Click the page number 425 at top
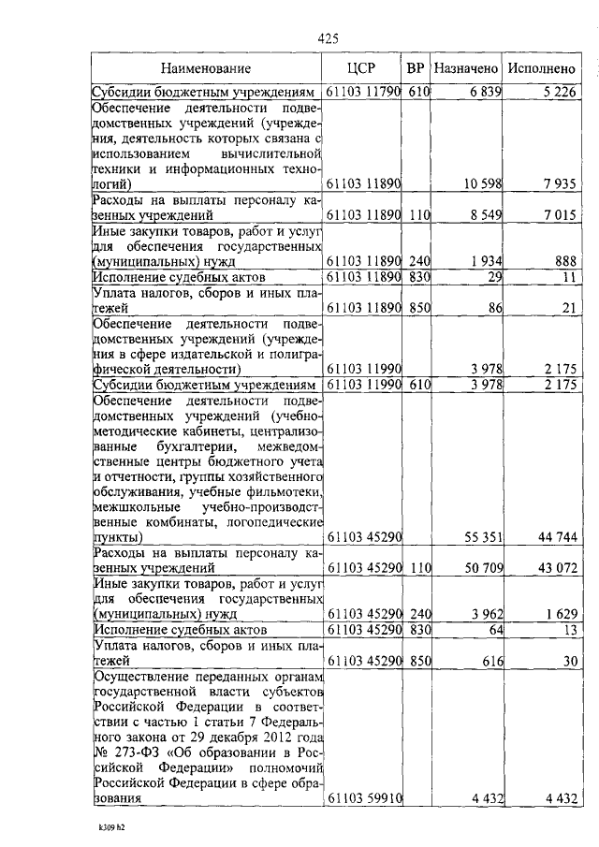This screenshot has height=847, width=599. coord(328,38)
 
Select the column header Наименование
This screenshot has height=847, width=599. coord(205,69)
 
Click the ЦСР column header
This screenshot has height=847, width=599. coord(361,69)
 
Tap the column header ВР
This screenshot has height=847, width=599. coord(416,69)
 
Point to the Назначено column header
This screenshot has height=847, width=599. coord(466,69)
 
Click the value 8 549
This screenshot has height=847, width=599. coord(483,215)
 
